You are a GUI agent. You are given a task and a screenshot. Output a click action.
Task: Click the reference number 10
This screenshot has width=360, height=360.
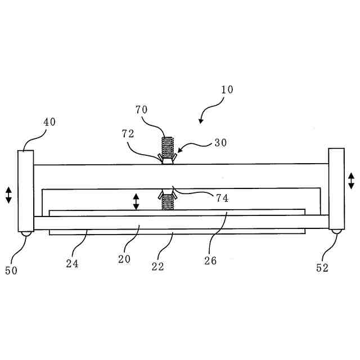227,90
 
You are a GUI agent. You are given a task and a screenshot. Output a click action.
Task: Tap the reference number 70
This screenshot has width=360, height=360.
141,110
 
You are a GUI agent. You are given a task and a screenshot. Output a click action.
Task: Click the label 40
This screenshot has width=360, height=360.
50,121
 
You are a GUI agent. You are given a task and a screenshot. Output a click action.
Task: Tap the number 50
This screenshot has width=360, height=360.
12,271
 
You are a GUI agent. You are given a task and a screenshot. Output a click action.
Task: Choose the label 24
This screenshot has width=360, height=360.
71,263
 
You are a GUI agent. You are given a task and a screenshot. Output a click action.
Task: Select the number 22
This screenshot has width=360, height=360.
158,266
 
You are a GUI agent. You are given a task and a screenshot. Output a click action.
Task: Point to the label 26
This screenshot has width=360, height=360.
210,261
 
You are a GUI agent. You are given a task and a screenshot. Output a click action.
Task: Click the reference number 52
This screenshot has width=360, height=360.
322,269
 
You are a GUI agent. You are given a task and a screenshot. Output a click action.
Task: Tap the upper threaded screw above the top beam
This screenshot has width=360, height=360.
167,147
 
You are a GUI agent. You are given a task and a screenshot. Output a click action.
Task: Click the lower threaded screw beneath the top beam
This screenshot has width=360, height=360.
167,200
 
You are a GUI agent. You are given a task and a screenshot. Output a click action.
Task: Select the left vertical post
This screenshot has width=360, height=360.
26,191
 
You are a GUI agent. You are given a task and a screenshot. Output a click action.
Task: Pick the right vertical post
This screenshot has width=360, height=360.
336,188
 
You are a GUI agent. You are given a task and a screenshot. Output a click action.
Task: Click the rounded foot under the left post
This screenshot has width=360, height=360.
26,234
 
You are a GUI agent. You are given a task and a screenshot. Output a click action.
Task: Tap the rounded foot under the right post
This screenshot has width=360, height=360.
336,231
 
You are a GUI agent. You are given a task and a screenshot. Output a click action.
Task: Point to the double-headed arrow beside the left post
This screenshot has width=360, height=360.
8,195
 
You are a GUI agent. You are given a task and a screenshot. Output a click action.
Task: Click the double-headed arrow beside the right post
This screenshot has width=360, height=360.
351,181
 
